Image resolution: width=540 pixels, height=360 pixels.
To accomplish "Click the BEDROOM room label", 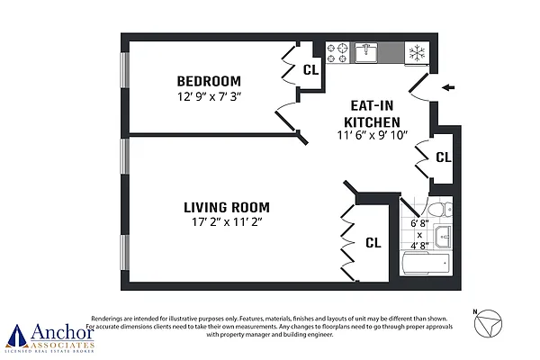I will [209, 79].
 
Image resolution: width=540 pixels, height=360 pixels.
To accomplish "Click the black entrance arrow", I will [450, 87].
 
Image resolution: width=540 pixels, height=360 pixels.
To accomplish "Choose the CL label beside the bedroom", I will [310, 69].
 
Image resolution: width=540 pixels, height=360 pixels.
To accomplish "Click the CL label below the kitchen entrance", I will [443, 157].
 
